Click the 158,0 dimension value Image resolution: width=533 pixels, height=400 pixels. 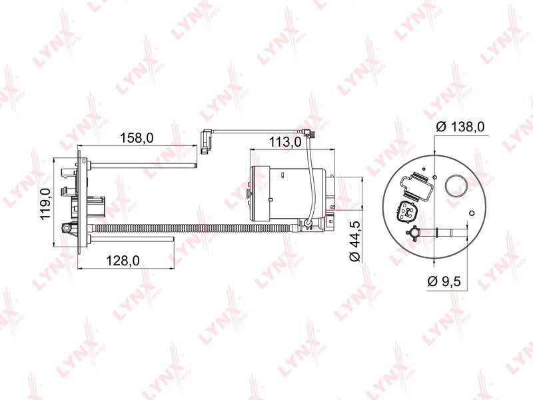coord(137,138)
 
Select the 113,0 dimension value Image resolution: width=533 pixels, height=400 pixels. coord(285,142)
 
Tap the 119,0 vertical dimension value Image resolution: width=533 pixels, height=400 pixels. coord(46,204)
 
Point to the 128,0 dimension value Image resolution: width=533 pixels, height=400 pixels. coord(123,261)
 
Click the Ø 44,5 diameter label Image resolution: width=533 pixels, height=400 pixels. coord(355,241)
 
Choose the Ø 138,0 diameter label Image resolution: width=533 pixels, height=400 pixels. coord(460,127)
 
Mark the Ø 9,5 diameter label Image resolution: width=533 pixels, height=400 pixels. coord(444,281)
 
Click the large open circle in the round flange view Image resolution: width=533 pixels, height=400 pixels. coord(457,186)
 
